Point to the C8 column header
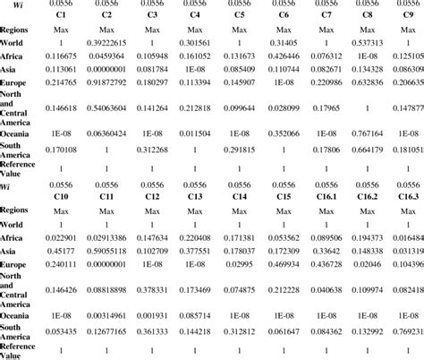pos(368,16)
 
